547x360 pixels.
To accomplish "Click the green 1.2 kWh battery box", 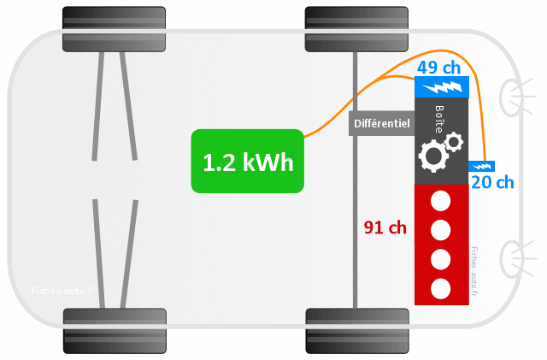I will (x=247, y=161).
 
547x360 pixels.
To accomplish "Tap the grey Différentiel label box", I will (x=381, y=123).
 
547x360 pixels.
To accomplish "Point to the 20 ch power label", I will (x=492, y=181).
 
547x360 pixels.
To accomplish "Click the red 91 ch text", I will (x=385, y=227).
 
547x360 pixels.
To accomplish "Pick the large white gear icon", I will (x=432, y=155).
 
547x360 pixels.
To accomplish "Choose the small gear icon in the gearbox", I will (x=453, y=140).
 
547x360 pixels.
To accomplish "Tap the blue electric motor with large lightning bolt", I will (x=441, y=86).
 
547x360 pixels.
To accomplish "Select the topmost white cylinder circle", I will (x=441, y=203).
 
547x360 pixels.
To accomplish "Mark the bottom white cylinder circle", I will (x=441, y=287).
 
